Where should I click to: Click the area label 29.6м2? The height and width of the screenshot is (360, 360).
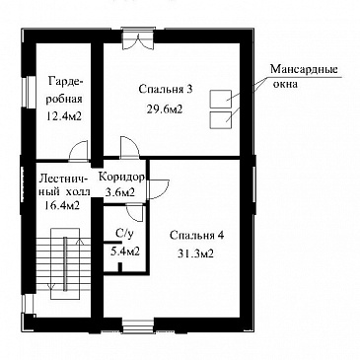pyautogui.click(x=166, y=108)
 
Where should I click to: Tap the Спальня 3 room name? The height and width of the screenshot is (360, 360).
pyautogui.click(x=165, y=89)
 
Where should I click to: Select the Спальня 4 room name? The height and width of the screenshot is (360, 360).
pyautogui.click(x=197, y=236)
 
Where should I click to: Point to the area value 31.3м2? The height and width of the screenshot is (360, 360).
pyautogui.click(x=196, y=253)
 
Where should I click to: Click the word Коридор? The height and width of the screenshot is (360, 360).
pyautogui.click(x=121, y=178)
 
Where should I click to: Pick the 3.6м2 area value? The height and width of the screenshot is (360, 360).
pyautogui.click(x=120, y=191)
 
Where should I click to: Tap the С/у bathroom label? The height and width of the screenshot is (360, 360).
pyautogui.click(x=124, y=234)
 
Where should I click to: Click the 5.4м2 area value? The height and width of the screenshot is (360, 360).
pyautogui.click(x=125, y=252)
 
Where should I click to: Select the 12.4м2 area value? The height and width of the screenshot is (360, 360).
pyautogui.click(x=64, y=116)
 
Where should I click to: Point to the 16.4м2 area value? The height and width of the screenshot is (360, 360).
pyautogui.click(x=62, y=205)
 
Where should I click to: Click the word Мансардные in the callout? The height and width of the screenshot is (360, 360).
pyautogui.click(x=304, y=70)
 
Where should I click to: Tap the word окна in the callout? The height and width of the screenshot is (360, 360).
pyautogui.click(x=285, y=84)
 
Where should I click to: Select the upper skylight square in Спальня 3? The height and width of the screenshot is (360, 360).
pyautogui.click(x=221, y=99)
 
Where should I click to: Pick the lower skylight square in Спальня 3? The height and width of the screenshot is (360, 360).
pyautogui.click(x=221, y=120)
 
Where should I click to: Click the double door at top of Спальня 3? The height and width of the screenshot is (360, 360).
pyautogui.click(x=138, y=41)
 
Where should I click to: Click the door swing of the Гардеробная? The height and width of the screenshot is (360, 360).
pyautogui.click(x=79, y=150)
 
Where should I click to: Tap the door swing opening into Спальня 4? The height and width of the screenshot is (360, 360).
pyautogui.click(x=159, y=188)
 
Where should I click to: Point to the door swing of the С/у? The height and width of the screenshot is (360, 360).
pyautogui.click(x=135, y=212)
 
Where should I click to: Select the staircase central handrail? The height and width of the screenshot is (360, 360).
pyautogui.click(x=65, y=263)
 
